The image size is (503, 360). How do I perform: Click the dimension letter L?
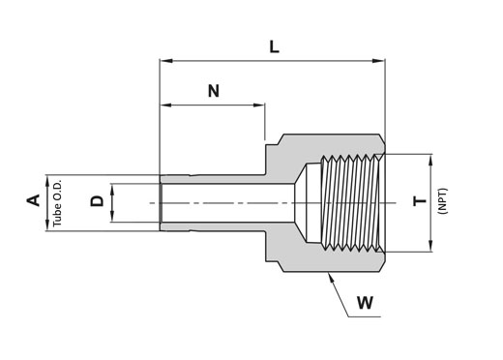pyautogui.click(x=274, y=47)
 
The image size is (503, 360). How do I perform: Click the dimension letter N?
pyautogui.click(x=214, y=91)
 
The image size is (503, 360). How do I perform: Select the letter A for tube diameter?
pyautogui.click(x=33, y=200)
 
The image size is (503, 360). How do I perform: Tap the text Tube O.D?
pyautogui.click(x=57, y=203)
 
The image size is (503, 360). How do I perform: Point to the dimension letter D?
pyautogui.click(x=97, y=201)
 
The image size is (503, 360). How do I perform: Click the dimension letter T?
pyautogui.click(x=420, y=202)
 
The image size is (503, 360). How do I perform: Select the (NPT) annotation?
pyautogui.click(x=443, y=200)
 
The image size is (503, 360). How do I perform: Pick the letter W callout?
pyautogui.click(x=365, y=303)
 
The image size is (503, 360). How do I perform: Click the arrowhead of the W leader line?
pyautogui.click(x=331, y=278)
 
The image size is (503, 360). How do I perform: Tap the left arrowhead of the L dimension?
pyautogui.click(x=166, y=61)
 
